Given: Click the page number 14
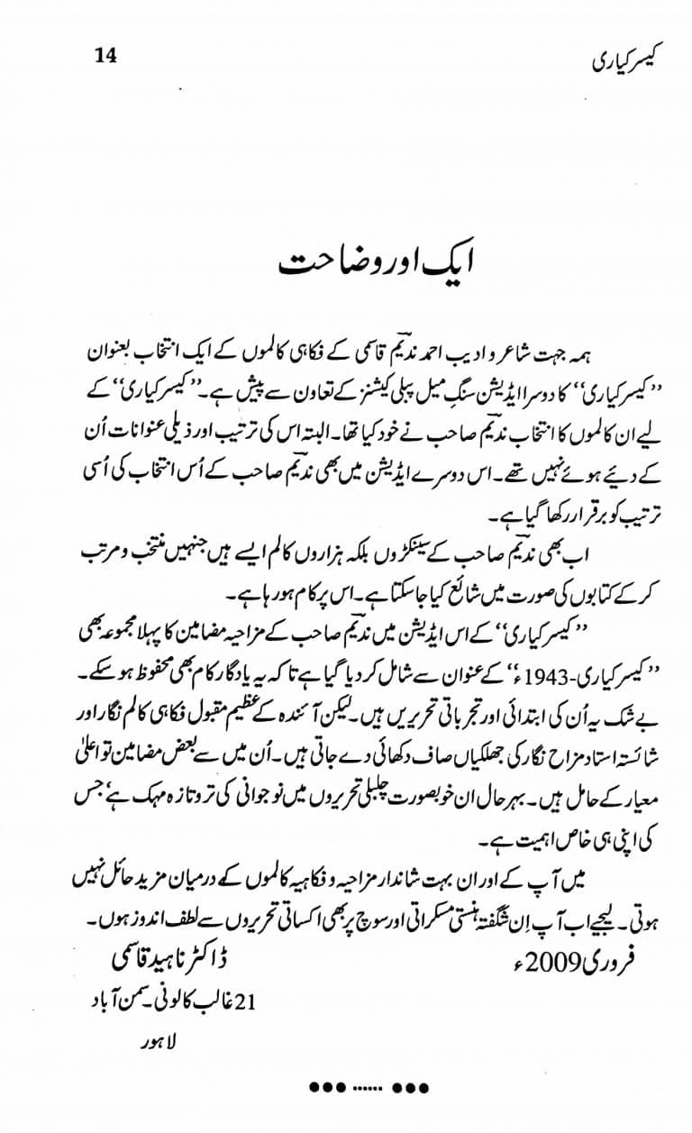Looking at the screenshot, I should point(105,55).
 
